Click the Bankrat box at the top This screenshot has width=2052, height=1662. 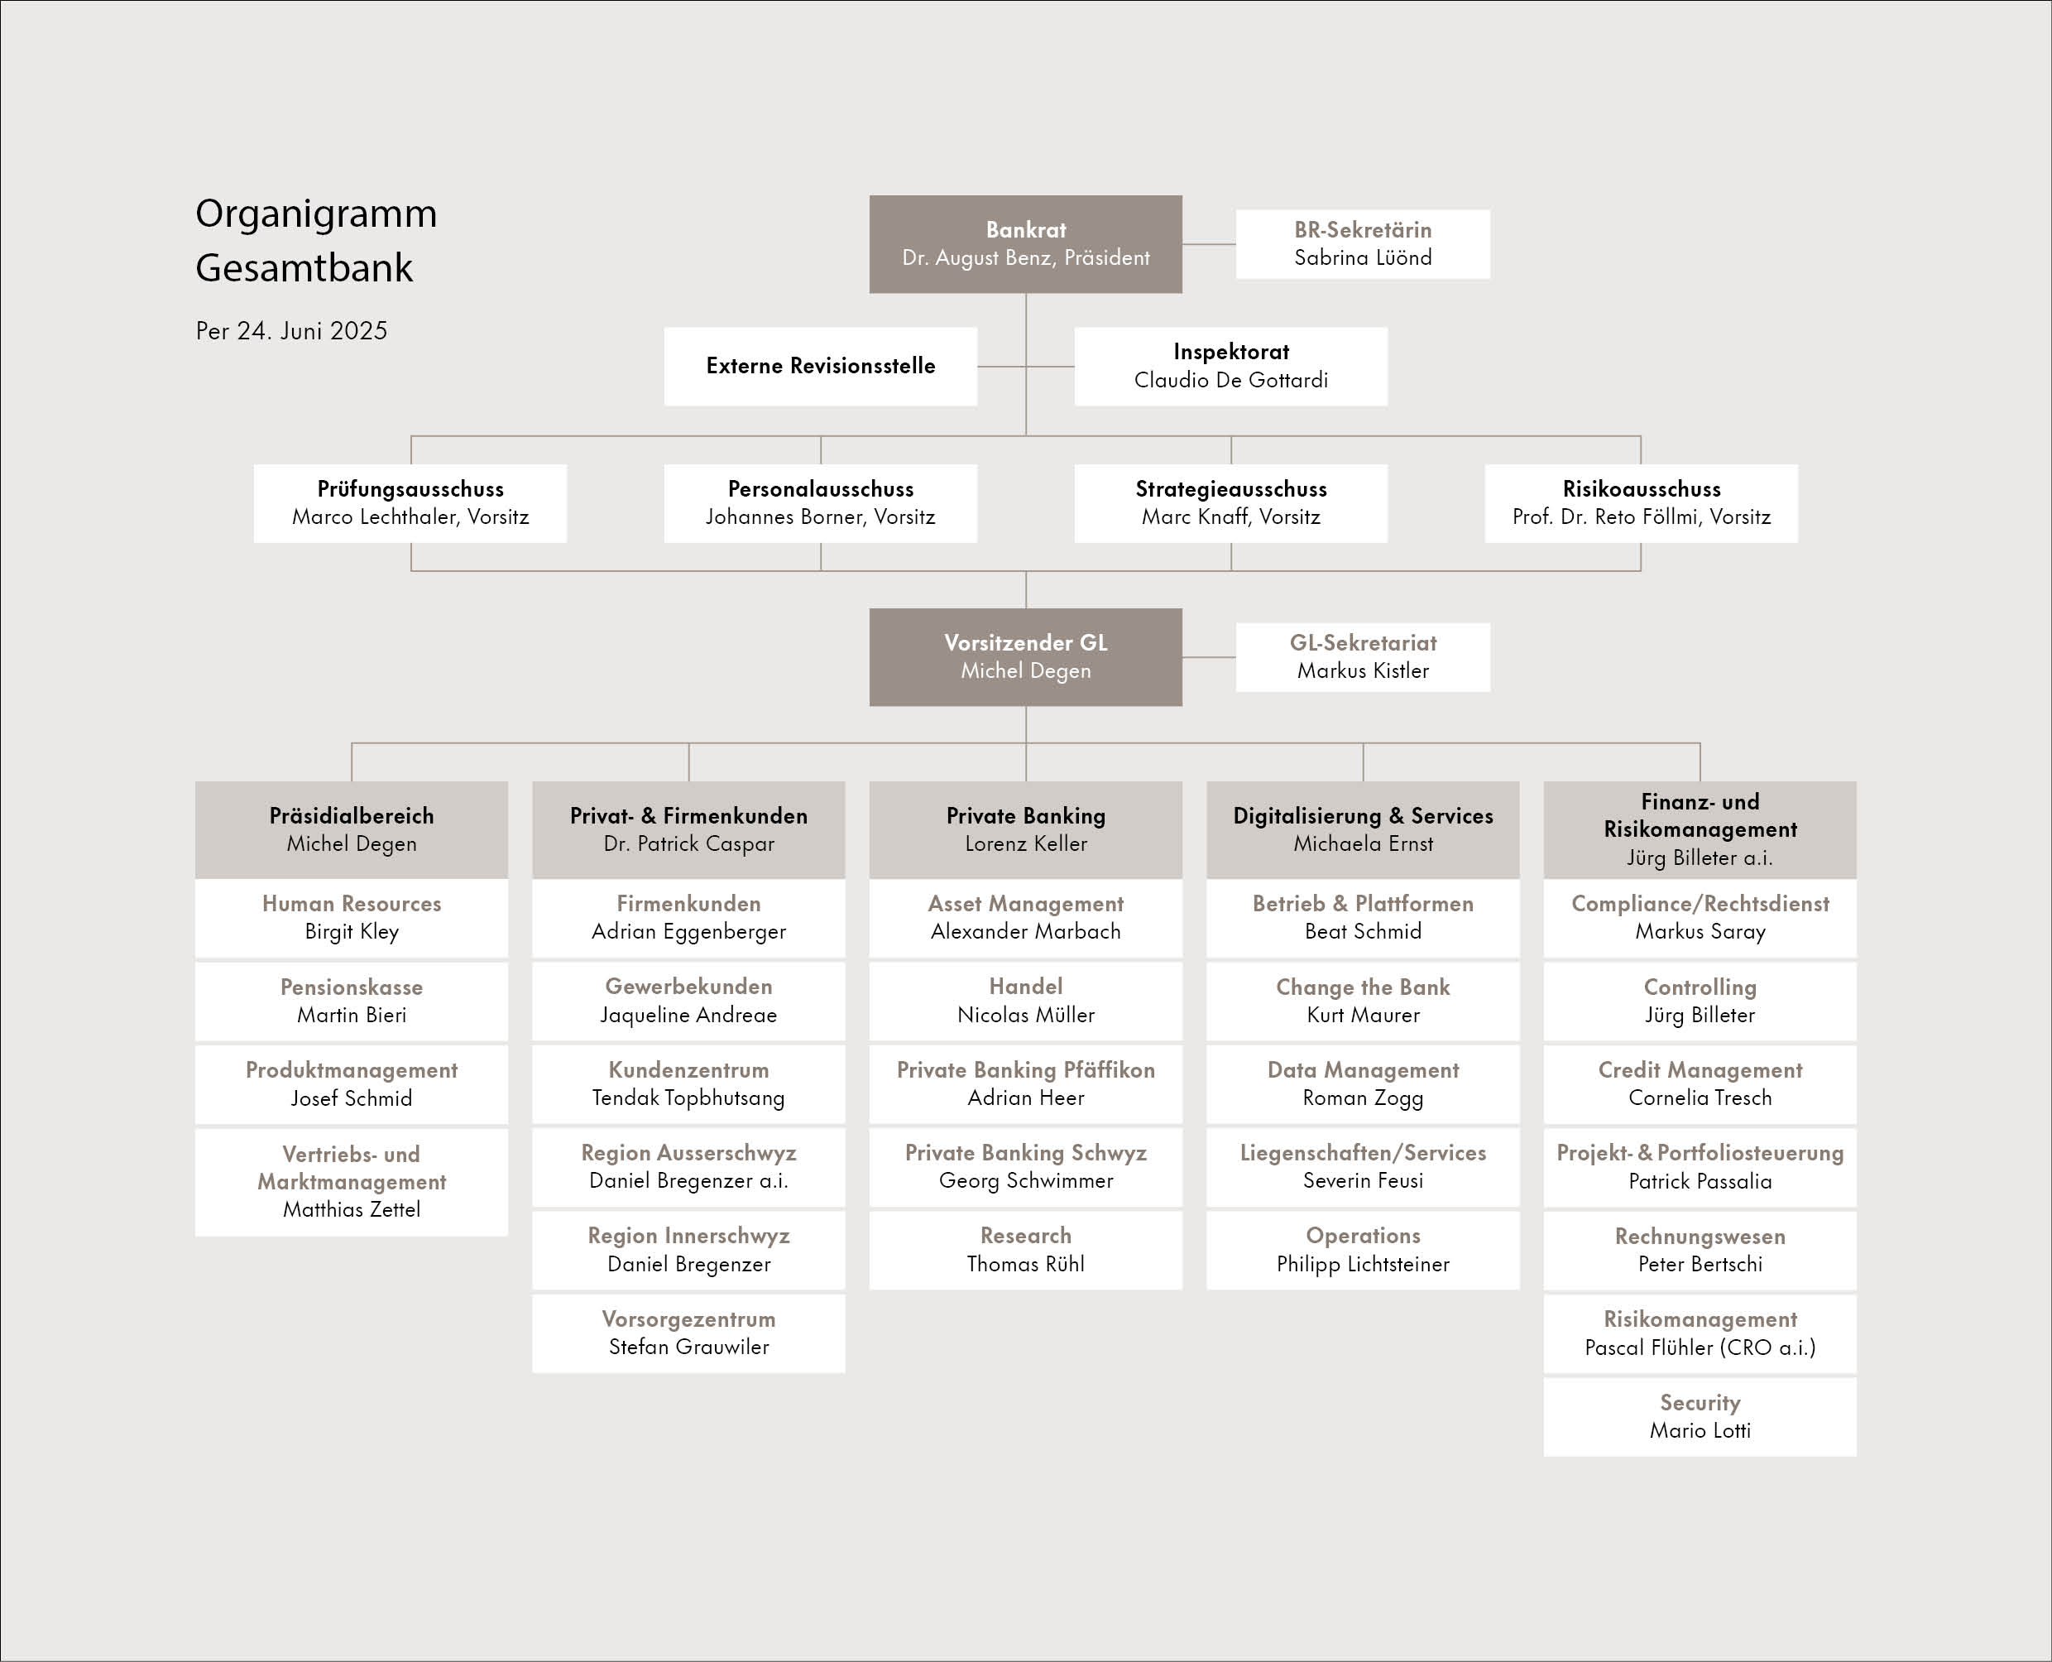point(1025,244)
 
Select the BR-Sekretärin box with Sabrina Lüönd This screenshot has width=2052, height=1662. point(1363,244)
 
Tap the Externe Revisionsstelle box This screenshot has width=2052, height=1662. point(820,366)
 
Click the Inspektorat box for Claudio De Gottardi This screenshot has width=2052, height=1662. point(1231,366)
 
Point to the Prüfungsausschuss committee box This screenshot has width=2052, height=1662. point(410,502)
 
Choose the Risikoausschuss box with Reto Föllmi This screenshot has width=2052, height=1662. point(1642,502)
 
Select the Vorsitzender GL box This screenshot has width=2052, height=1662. point(1025,656)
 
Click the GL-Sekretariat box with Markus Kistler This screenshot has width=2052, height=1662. point(1363,656)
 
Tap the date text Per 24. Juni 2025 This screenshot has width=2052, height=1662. point(292,331)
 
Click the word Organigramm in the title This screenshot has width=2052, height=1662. point(316,214)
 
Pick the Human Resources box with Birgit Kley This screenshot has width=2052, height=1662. point(352,917)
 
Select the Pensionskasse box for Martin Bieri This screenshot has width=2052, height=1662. point(352,1001)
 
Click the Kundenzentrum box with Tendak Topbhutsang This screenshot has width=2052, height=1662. point(688,1083)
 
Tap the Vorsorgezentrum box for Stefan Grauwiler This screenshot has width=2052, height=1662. point(688,1333)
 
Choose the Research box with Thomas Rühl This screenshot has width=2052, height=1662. point(1025,1249)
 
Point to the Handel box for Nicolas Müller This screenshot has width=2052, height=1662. point(1025,1001)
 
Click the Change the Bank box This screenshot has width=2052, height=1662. point(1363,1001)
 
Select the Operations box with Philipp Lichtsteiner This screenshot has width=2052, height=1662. point(1363,1249)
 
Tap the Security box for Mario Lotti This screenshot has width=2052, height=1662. point(1700,1417)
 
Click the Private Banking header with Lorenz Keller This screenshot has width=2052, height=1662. point(1025,829)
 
